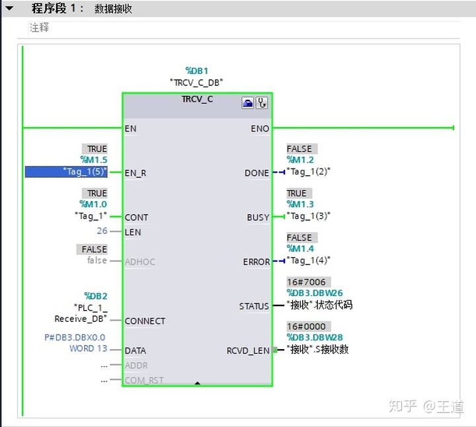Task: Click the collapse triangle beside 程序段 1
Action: click(x=10, y=9)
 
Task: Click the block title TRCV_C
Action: click(x=197, y=99)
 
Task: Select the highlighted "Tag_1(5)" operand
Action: click(x=66, y=172)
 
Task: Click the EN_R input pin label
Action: click(x=136, y=173)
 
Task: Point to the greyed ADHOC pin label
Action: click(x=140, y=262)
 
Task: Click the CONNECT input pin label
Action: click(x=145, y=321)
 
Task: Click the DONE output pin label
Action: click(x=257, y=173)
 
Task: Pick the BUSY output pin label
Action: click(x=258, y=217)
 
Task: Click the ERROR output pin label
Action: click(x=256, y=262)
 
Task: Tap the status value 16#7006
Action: click(x=306, y=282)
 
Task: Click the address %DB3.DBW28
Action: click(x=315, y=338)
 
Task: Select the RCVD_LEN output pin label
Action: click(x=248, y=351)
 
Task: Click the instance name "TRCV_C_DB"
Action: click(x=197, y=82)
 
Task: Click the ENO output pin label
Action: click(x=260, y=128)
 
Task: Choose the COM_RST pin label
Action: click(x=144, y=380)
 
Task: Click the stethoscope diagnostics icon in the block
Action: click(x=262, y=103)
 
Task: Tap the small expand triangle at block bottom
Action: click(x=197, y=382)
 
